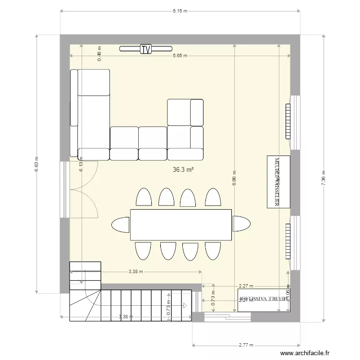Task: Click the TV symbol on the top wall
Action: pyautogui.click(x=145, y=48)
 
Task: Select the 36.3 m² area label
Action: pyautogui.click(x=183, y=169)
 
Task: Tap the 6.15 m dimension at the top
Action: pyautogui.click(x=180, y=11)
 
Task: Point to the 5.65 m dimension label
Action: pyautogui.click(x=180, y=56)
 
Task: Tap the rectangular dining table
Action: pyautogui.click(x=181, y=224)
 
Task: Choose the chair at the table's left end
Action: pyautogui.click(x=120, y=224)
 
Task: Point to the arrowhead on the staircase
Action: pyautogui.click(x=185, y=304)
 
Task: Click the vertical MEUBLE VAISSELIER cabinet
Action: pyautogui.click(x=278, y=181)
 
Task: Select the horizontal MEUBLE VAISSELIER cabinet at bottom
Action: pyautogui.click(x=264, y=300)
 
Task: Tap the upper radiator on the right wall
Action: pyautogui.click(x=288, y=121)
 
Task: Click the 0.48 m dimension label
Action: pyautogui.click(x=100, y=54)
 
